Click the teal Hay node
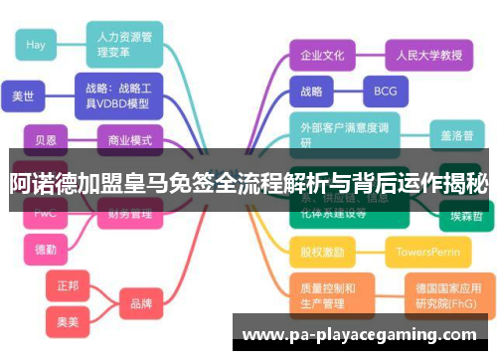[x=36, y=45]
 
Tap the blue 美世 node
[x=22, y=96]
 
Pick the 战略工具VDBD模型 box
[x=117, y=94]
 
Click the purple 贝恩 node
[x=46, y=139]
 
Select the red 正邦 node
[x=68, y=285]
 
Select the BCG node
[x=385, y=91]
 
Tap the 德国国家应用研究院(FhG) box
[x=444, y=295]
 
